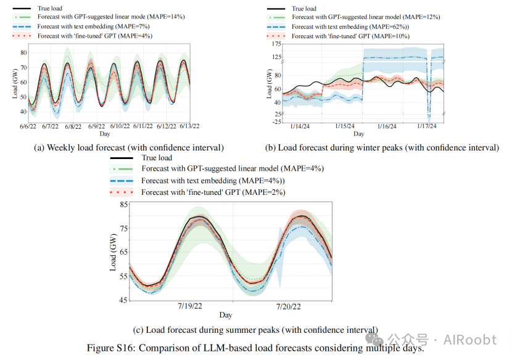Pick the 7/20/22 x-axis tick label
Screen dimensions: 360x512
point(287,306)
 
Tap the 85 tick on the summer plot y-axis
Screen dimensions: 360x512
point(124,204)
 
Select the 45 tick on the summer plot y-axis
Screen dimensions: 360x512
point(124,300)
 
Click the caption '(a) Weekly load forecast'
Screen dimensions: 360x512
point(129,147)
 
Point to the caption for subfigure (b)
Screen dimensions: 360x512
point(381,147)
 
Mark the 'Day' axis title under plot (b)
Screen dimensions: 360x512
point(358,134)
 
